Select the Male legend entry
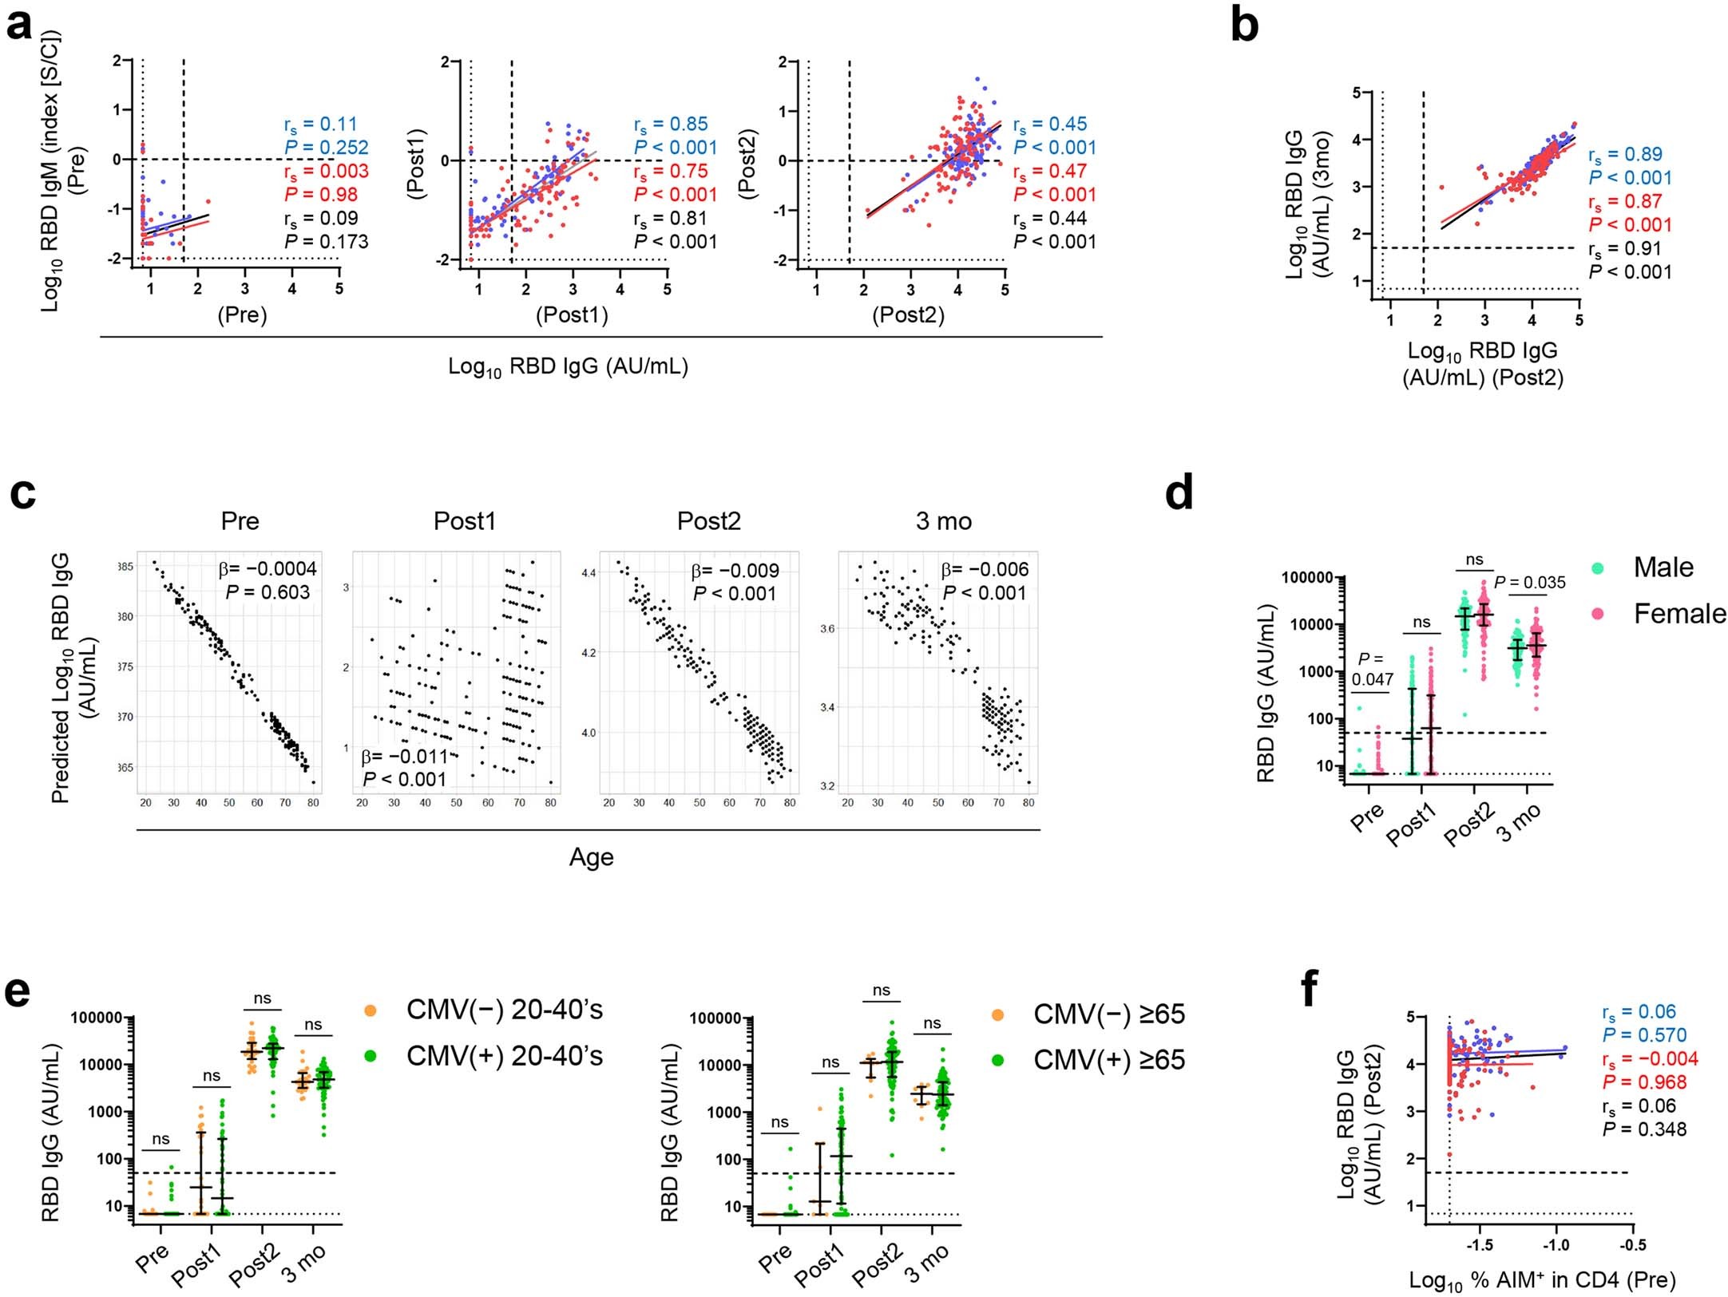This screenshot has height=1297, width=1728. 1663,567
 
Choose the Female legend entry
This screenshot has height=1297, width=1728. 1678,614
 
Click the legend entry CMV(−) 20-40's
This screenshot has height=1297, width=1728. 504,1010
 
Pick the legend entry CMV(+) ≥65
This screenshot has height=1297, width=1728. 1108,1060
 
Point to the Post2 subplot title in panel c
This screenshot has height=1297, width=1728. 708,521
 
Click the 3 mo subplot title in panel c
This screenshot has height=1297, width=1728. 943,521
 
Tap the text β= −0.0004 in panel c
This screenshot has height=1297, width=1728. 268,568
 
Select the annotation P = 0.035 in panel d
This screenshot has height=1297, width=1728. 1529,583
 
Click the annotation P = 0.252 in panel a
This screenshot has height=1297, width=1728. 327,148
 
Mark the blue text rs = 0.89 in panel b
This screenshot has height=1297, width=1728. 1625,155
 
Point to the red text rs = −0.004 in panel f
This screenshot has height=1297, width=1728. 1650,1059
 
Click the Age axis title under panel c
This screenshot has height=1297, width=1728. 591,857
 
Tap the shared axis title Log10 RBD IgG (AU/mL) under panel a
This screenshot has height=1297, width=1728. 568,366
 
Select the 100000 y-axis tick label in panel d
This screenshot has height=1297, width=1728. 1307,578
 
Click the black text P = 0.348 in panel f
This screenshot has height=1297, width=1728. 1644,1129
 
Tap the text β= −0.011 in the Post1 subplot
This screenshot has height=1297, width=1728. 404,757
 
